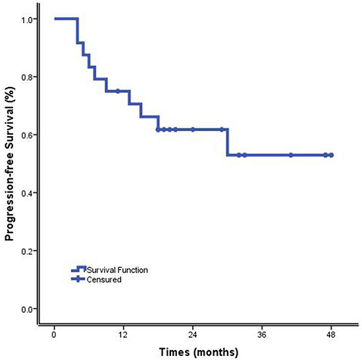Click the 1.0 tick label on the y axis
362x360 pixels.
click(x=27, y=19)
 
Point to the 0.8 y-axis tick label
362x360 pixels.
click(x=27, y=78)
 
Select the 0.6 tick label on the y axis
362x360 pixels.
click(x=27, y=136)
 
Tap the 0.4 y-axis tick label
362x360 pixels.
click(x=27, y=193)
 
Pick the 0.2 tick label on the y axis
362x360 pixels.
click(x=27, y=251)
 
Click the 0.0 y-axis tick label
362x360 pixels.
click(x=27, y=309)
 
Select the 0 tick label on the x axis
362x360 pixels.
click(x=54, y=335)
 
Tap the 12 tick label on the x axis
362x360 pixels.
click(x=124, y=335)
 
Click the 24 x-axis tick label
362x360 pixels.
click(x=193, y=335)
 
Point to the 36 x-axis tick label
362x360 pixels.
click(x=262, y=335)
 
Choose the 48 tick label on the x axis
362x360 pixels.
click(x=332, y=335)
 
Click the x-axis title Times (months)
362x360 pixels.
click(x=199, y=352)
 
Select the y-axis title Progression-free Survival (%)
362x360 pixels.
click(x=10, y=164)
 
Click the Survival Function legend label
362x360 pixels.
click(x=117, y=270)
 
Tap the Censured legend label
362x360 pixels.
click(x=104, y=280)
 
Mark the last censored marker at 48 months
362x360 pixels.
click(x=331, y=155)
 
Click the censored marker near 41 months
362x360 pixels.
click(x=291, y=155)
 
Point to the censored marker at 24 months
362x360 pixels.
click(x=193, y=130)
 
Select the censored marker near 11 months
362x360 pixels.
click(x=118, y=91)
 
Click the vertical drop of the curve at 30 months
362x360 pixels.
click(x=228, y=142)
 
